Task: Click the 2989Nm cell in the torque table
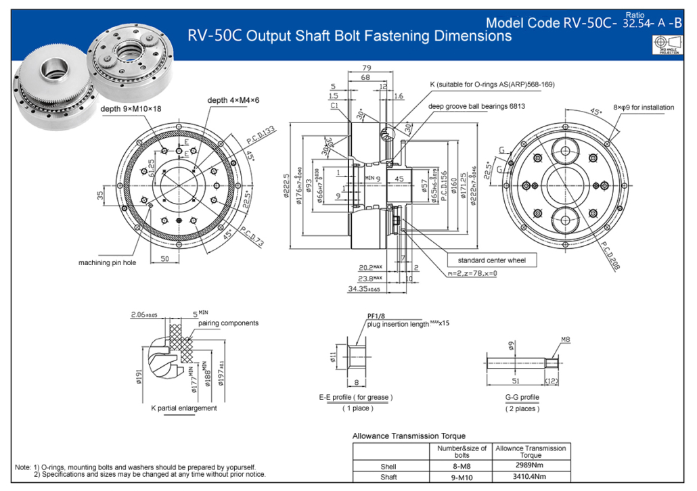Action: pyautogui.click(x=531, y=466)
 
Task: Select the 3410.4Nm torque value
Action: pyautogui.click(x=531, y=477)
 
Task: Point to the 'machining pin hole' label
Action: pyautogui.click(x=107, y=262)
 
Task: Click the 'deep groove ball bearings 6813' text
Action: pyautogui.click(x=476, y=106)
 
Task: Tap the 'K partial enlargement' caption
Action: pyautogui.click(x=183, y=408)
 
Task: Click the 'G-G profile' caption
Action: pyautogui.click(x=522, y=397)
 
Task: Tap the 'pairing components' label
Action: pyautogui.click(x=228, y=323)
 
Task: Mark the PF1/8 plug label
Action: pyautogui.click(x=376, y=315)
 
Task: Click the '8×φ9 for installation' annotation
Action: pyautogui.click(x=644, y=106)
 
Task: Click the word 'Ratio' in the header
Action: pyautogui.click(x=635, y=14)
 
